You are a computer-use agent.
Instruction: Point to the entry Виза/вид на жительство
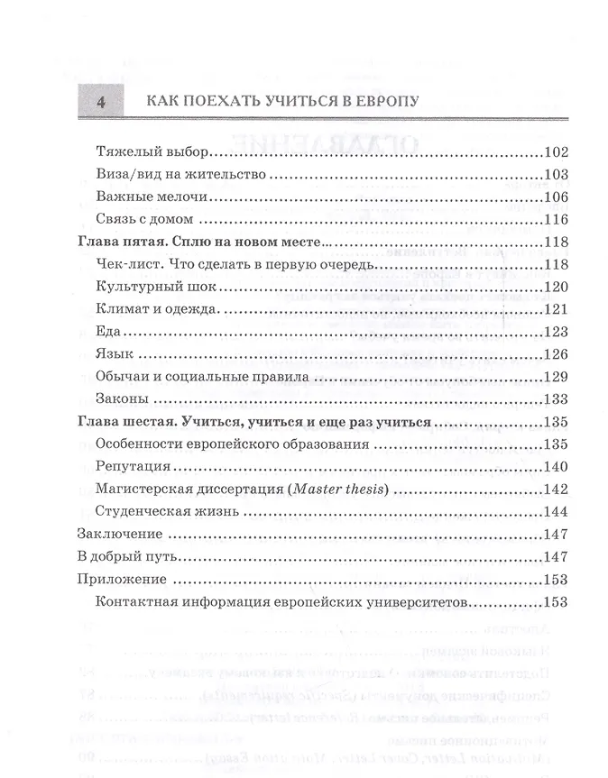172,175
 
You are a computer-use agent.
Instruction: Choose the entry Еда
106,332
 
